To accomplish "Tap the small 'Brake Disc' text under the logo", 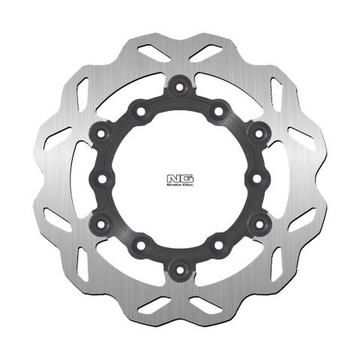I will (180, 185).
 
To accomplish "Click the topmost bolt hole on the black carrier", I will (180, 83).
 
